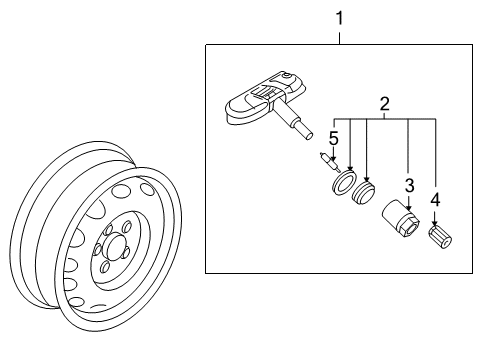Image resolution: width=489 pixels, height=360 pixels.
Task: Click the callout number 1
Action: point(339,18)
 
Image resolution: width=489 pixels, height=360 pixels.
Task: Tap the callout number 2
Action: point(384,104)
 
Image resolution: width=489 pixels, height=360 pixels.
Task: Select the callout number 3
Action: point(409,185)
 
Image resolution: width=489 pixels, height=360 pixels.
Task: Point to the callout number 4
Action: point(435,200)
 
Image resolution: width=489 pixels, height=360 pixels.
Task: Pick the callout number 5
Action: point(334,138)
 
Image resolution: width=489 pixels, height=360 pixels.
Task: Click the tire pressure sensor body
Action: point(265,97)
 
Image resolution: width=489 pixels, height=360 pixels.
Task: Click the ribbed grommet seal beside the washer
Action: point(363,193)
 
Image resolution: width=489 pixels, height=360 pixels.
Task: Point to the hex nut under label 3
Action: point(400,218)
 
